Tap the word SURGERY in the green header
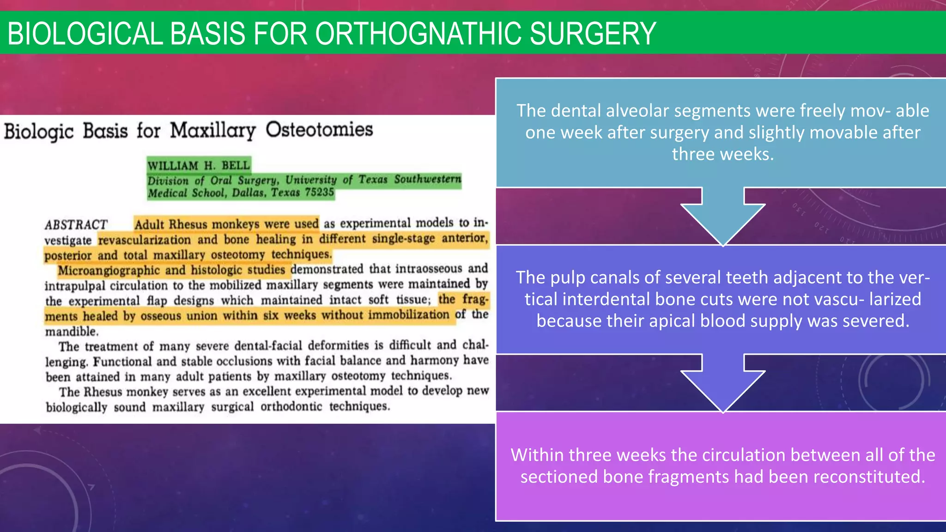pyautogui.click(x=593, y=33)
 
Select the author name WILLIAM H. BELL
pyautogui.click(x=199, y=165)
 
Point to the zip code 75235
pyautogui.click(x=319, y=192)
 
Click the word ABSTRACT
pyautogui.click(x=76, y=225)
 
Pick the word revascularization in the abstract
pyautogui.click(x=145, y=240)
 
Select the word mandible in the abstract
pyautogui.click(x=71, y=332)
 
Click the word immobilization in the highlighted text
pyautogui.click(x=408, y=315)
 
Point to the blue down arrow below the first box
pyautogui.click(x=722, y=217)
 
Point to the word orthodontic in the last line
pyautogui.click(x=291, y=407)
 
